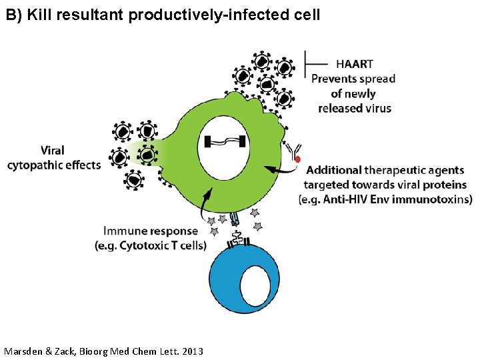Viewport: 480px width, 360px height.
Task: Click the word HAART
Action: [355, 65]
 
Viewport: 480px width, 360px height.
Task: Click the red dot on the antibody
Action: [298, 159]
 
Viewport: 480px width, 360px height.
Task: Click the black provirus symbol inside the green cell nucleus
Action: [227, 141]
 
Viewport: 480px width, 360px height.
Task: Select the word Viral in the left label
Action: [53, 151]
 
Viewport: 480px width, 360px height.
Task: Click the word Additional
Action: [334, 171]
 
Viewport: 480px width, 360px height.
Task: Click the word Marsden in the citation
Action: [27, 351]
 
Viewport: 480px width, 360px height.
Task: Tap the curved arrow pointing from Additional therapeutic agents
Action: [279, 171]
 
